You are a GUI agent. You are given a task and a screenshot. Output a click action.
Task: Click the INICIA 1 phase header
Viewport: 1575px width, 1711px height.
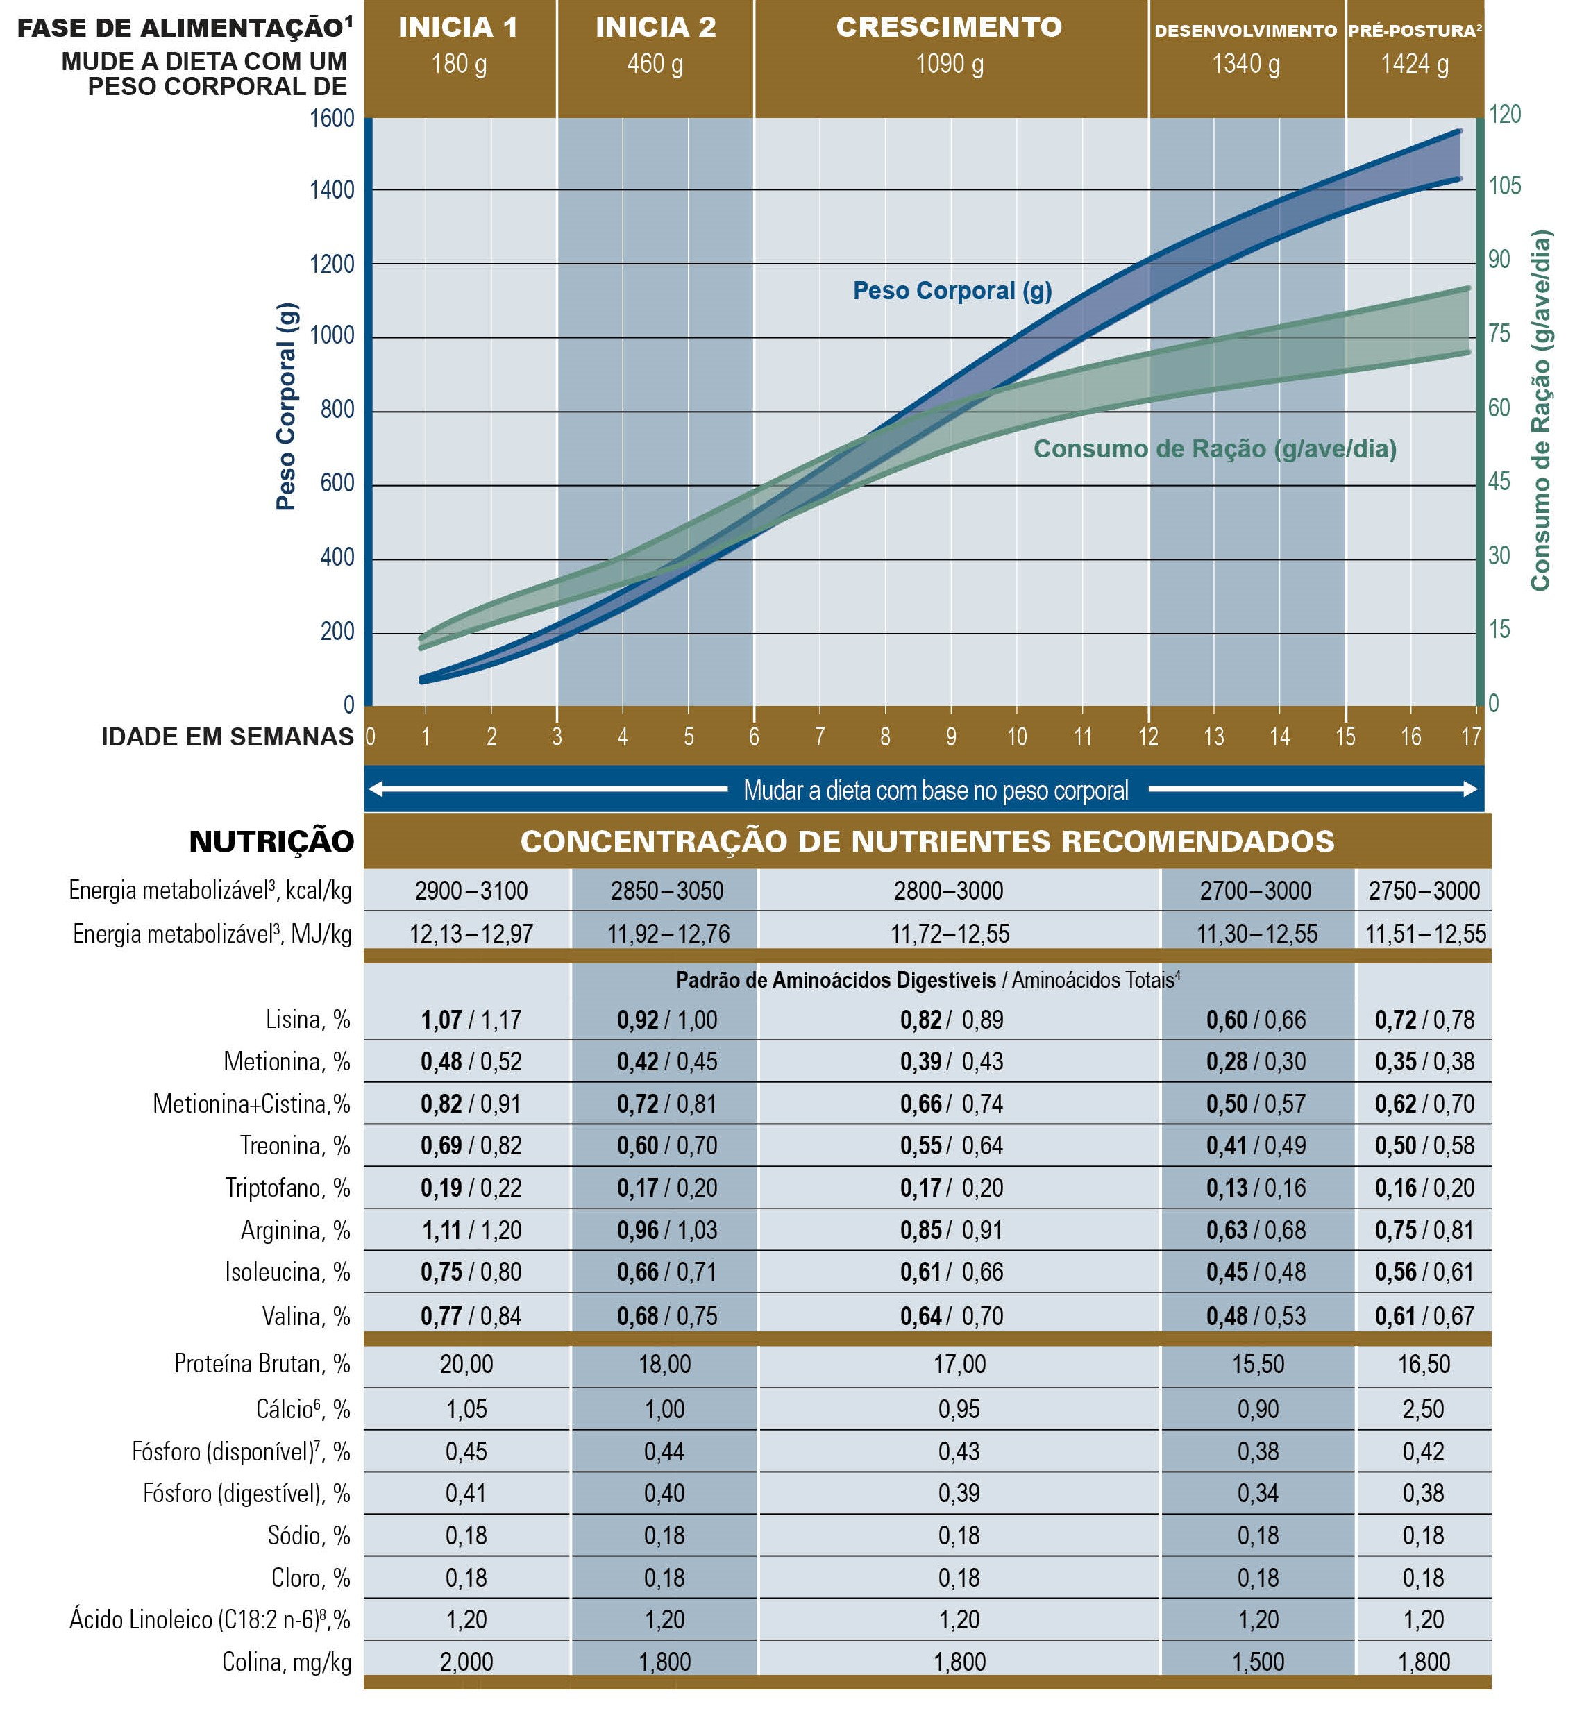tap(459, 27)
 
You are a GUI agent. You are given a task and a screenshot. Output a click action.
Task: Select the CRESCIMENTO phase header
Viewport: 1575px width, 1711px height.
tap(950, 27)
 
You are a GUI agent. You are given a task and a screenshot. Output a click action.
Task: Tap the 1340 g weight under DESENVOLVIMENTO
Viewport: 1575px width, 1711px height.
tap(1246, 64)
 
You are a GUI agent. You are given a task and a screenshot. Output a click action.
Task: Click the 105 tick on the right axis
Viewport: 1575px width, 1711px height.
tap(1504, 186)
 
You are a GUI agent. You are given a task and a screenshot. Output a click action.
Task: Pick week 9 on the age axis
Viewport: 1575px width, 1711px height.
tap(951, 736)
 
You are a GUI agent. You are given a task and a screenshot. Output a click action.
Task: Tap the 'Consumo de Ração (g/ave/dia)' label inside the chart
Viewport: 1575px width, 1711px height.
tap(1215, 449)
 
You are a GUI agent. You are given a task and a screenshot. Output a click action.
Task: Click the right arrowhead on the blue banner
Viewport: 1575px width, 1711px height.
tap(1469, 789)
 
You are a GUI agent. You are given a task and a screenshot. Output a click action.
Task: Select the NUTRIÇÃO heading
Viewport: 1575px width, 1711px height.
tap(271, 841)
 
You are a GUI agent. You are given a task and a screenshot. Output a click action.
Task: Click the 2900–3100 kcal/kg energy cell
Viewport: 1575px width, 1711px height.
tap(471, 891)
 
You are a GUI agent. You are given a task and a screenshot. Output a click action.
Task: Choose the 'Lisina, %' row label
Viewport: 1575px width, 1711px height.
tap(308, 1019)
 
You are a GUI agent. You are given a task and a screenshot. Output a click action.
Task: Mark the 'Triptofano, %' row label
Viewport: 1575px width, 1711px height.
tap(287, 1187)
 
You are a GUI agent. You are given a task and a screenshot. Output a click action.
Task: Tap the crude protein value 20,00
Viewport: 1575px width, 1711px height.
tap(466, 1363)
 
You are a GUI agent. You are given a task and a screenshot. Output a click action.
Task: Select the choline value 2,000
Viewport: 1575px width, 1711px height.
tap(466, 1661)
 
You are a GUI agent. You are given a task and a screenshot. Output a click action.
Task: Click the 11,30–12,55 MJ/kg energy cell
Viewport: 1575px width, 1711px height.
tap(1256, 934)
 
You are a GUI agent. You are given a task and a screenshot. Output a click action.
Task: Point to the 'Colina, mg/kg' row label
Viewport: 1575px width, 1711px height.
tap(287, 1661)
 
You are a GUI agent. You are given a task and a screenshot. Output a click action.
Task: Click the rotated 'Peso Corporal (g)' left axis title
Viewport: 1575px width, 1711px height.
tap(287, 407)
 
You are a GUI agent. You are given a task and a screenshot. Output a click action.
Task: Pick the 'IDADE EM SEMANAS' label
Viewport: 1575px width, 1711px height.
tap(228, 737)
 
